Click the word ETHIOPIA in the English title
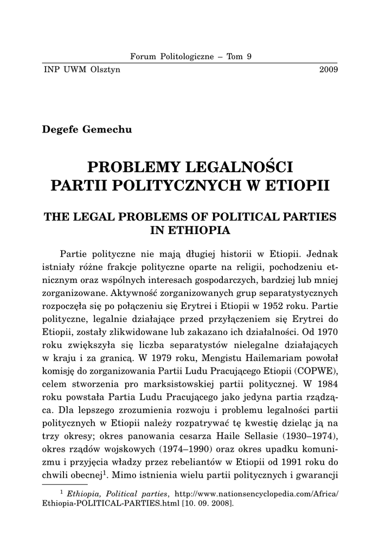coord(191,230)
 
